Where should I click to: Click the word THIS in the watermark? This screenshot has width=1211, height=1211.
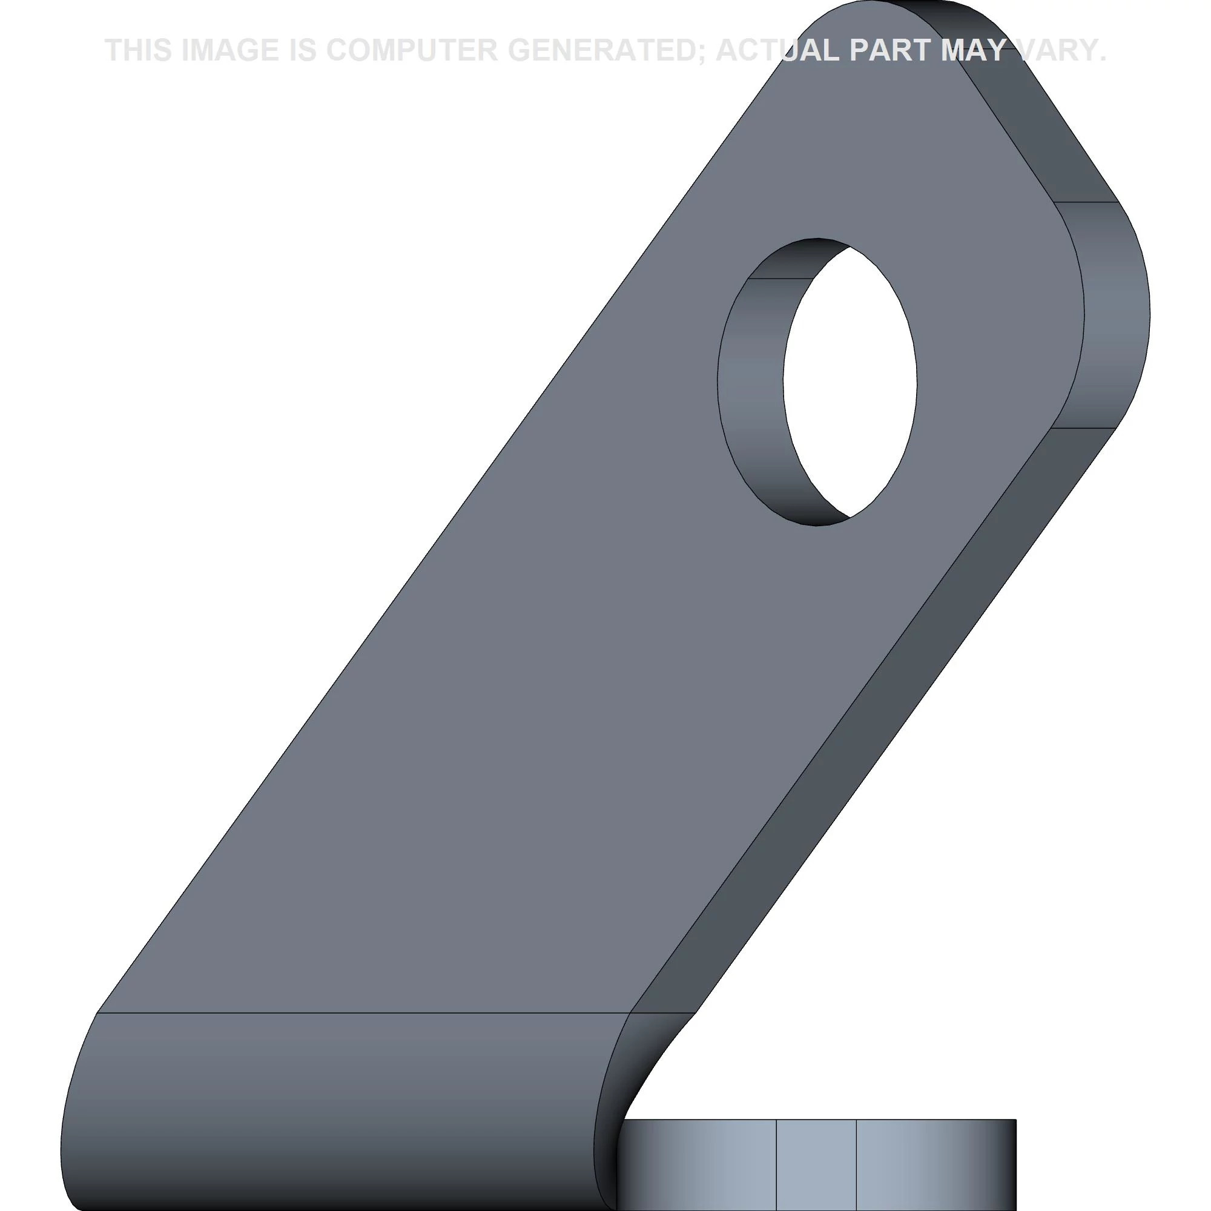(139, 50)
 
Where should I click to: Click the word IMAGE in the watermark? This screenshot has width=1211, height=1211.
(229, 50)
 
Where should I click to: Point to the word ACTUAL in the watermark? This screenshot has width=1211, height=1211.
(777, 50)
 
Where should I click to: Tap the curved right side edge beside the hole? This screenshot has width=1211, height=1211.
(1116, 314)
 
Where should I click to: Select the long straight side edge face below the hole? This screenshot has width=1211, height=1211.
(877, 721)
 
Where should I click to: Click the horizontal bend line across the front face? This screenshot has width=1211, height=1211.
(363, 1012)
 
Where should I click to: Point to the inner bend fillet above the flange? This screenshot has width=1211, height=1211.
(652, 1066)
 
